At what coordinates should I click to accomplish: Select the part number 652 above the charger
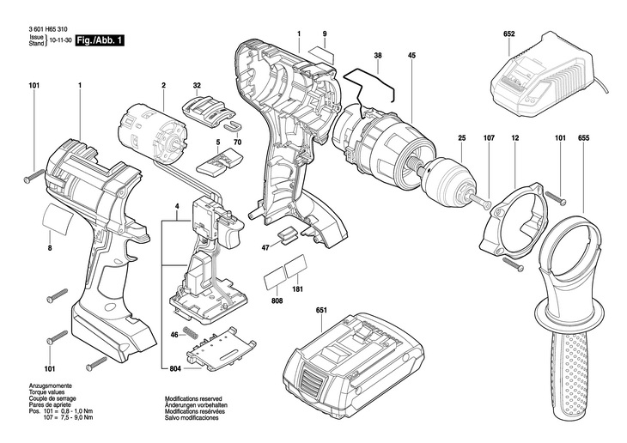point(509,35)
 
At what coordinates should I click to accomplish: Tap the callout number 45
point(412,57)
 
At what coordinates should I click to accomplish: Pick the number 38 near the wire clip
point(378,57)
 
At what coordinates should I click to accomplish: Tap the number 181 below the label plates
point(298,289)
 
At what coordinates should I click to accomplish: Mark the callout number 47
point(266,247)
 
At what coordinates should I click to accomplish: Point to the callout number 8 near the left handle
point(50,248)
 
